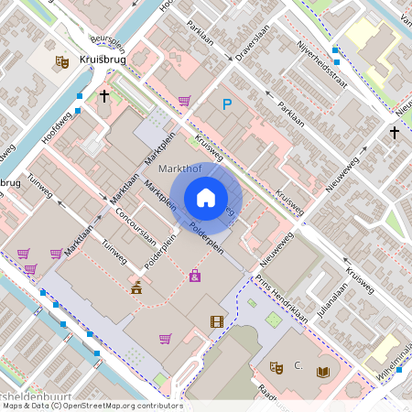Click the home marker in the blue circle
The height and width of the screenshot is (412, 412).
pyautogui.click(x=206, y=198)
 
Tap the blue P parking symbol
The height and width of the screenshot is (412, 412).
pyautogui.click(x=227, y=105)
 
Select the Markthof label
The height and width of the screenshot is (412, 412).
pyautogui.click(x=179, y=169)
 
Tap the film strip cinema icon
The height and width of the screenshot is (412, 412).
pyautogui.click(x=216, y=321)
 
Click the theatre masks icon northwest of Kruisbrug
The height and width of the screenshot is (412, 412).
pyautogui.click(x=62, y=61)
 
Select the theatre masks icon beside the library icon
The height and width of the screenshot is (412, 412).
pyautogui.click(x=276, y=367)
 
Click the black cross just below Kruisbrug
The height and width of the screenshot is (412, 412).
pyautogui.click(x=104, y=94)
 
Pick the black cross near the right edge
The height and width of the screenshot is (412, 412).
pyautogui.click(x=395, y=134)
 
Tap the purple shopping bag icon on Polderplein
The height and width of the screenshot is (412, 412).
pyautogui.click(x=195, y=276)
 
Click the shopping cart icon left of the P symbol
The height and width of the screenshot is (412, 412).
pyautogui.click(x=184, y=101)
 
